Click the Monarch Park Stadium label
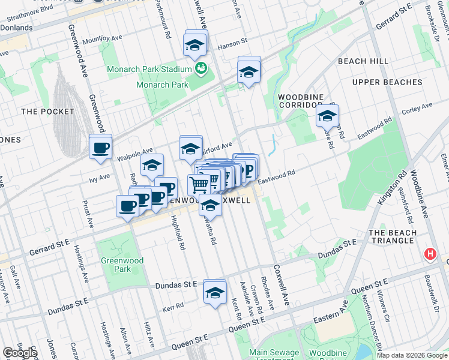coord(149,69)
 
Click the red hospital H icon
coord(430,254)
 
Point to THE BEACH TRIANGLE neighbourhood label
coord(393,236)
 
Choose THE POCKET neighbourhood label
coord(47,112)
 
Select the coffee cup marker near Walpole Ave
coord(100,146)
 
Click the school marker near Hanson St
coord(194,45)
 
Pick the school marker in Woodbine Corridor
coord(327,116)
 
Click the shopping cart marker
coord(199,183)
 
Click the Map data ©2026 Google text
coord(412,355)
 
